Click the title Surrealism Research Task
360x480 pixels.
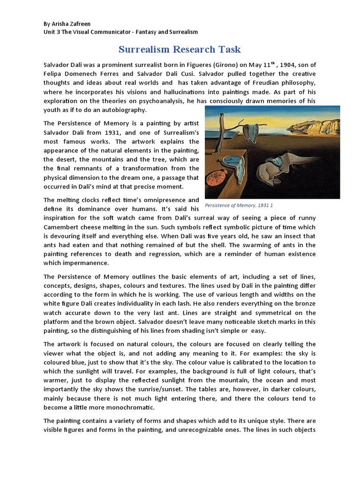pos(180,50)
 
